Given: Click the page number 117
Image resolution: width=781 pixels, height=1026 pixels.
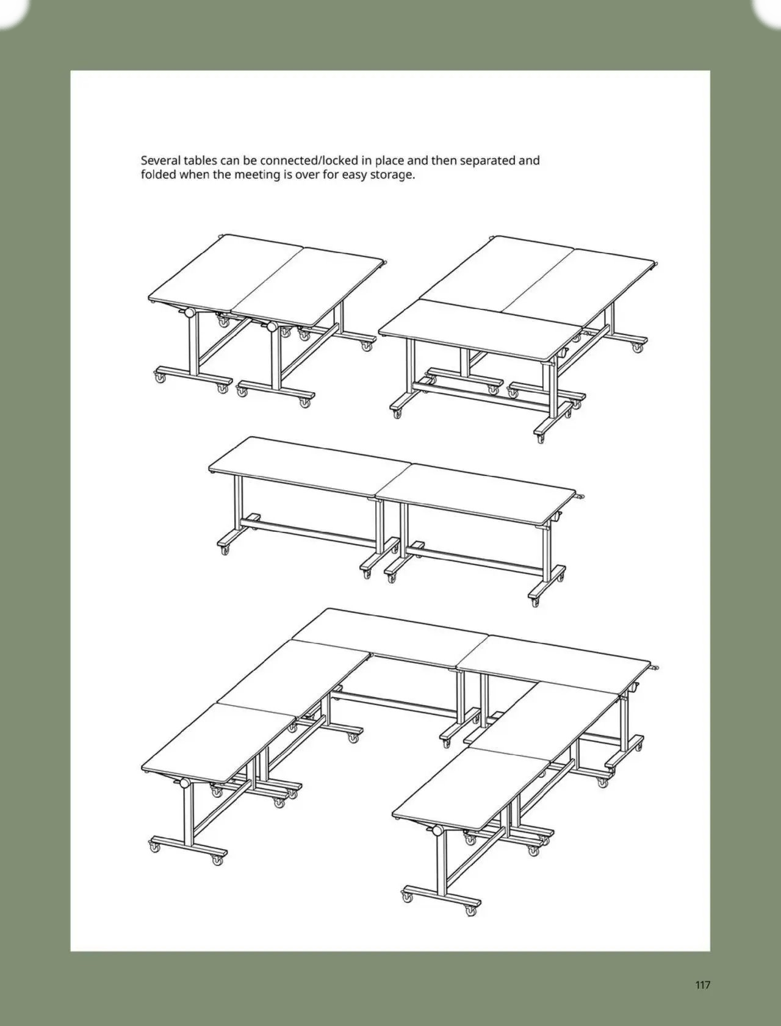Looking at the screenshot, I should (702, 985).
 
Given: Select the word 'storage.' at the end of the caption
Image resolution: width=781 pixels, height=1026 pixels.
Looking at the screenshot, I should (393, 175).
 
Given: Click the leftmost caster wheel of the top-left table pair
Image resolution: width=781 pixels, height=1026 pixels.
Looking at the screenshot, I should (160, 379).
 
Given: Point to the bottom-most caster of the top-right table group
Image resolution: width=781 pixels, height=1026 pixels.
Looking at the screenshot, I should (541, 438).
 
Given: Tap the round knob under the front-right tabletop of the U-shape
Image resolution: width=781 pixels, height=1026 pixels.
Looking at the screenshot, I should (437, 831).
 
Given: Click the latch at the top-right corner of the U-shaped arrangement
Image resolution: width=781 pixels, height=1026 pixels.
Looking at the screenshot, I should (656, 668).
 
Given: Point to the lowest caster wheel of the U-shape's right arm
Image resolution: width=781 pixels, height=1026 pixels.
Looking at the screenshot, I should (470, 909).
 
